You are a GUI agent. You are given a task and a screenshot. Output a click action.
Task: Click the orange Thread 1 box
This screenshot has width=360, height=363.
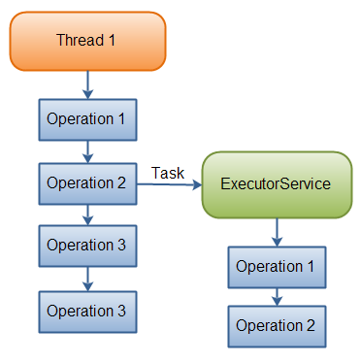(x=87, y=40)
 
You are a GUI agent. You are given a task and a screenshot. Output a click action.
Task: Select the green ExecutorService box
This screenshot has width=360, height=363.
(x=276, y=183)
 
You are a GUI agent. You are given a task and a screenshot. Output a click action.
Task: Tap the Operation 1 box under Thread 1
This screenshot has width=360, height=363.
(x=87, y=118)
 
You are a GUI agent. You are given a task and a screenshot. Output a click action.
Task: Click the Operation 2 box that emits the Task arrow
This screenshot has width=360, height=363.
(x=87, y=182)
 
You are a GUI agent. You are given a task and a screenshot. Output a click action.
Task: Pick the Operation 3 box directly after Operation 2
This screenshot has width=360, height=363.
(x=87, y=246)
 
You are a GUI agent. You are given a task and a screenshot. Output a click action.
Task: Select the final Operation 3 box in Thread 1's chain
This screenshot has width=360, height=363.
(x=87, y=311)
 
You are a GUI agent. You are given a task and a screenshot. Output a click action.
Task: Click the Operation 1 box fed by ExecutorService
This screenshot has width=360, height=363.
(x=277, y=266)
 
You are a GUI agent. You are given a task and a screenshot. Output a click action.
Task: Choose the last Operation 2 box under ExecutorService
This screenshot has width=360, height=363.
(x=277, y=326)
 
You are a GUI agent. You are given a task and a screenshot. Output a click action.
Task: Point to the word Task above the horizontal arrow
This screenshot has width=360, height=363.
(x=168, y=172)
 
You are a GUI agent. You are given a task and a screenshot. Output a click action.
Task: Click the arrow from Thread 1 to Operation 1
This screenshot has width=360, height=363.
(x=87, y=83)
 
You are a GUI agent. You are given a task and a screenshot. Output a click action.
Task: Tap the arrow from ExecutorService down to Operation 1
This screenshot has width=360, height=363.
(x=277, y=231)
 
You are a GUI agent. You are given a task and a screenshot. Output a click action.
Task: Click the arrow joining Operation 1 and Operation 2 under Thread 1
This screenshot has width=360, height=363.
(x=87, y=150)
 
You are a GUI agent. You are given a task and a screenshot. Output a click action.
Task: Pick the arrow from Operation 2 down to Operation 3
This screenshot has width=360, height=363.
(x=87, y=214)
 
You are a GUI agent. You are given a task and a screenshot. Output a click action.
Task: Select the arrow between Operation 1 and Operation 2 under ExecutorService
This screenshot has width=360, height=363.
(x=277, y=296)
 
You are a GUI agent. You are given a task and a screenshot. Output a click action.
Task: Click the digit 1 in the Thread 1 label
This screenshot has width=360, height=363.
(x=113, y=40)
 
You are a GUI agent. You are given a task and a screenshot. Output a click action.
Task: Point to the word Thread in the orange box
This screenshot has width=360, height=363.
(x=79, y=40)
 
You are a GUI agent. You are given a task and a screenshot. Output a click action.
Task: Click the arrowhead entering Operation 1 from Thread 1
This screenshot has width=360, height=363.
(x=87, y=94)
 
